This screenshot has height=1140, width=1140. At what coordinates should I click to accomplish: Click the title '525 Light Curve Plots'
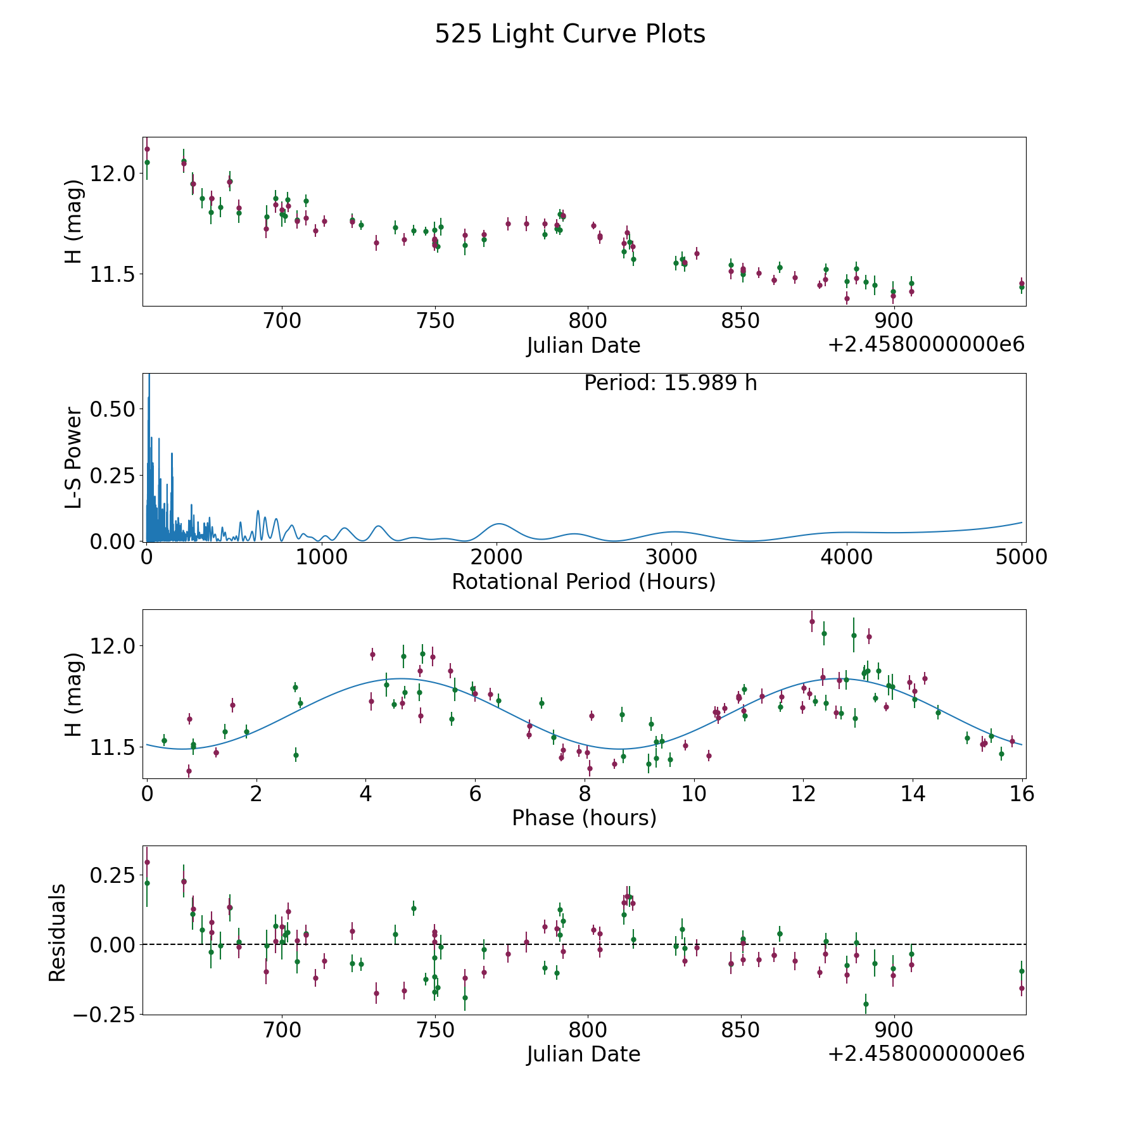tap(569, 34)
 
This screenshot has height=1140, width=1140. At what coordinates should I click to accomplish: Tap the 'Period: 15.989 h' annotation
tap(670, 383)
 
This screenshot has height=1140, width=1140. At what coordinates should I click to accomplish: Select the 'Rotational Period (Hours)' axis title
tap(583, 581)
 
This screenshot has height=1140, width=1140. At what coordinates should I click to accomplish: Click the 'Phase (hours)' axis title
tap(584, 818)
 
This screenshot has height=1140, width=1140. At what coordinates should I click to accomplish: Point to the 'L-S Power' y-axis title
tap(73, 457)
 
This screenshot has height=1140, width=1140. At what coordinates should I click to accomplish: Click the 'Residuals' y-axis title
tap(58, 932)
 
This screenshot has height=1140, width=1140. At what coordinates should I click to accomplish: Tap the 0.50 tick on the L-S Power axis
tap(112, 409)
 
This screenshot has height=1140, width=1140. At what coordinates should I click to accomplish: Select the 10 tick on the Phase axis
tap(694, 794)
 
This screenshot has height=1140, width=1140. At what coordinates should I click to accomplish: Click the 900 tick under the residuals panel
tap(893, 1030)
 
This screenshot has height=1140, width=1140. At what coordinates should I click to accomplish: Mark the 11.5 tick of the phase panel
tap(112, 748)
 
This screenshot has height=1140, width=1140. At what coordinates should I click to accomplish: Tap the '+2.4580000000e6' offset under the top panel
tap(926, 345)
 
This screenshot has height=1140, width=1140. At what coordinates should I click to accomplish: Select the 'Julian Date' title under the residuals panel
tap(583, 1054)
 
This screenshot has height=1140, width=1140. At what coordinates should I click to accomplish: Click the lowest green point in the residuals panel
tap(866, 1004)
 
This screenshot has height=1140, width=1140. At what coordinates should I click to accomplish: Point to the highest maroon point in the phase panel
tap(812, 621)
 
